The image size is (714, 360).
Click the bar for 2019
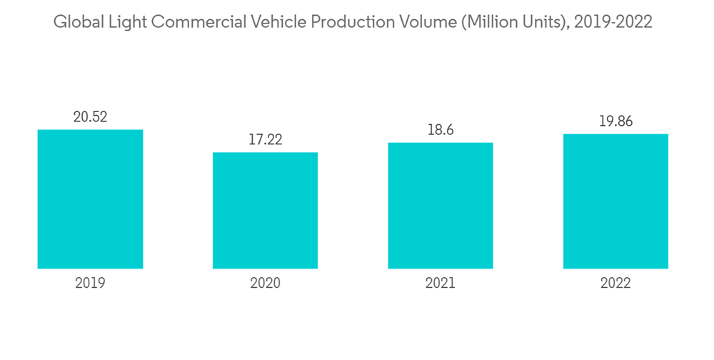coord(90,199)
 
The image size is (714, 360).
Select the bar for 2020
coord(265,211)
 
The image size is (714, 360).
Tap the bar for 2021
coord(441,206)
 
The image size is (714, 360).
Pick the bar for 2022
coord(615,201)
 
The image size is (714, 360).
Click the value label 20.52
coord(90,117)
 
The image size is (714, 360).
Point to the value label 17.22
coord(265,140)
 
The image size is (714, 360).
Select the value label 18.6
coord(441,130)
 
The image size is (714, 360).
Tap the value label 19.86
coord(615,121)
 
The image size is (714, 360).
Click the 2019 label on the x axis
coord(90,283)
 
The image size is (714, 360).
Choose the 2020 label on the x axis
coord(265,283)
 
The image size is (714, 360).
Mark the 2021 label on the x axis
coord(441,283)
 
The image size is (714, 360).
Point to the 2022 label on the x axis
coord(615,283)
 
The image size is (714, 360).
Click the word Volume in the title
coord(425,22)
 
